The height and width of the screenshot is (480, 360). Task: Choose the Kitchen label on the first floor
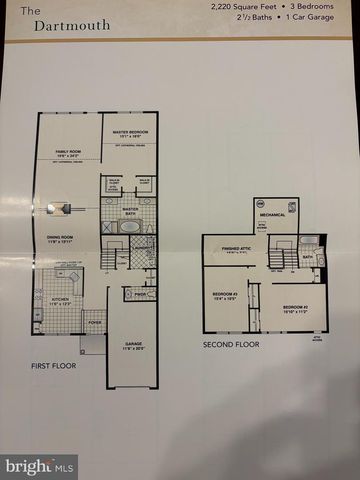click(61, 301)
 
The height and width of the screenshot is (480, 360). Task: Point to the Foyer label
click(95, 323)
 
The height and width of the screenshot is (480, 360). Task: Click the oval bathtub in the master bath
click(129, 227)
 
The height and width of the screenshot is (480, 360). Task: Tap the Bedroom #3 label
click(226, 295)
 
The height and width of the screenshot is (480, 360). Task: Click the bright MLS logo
click(40, 466)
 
